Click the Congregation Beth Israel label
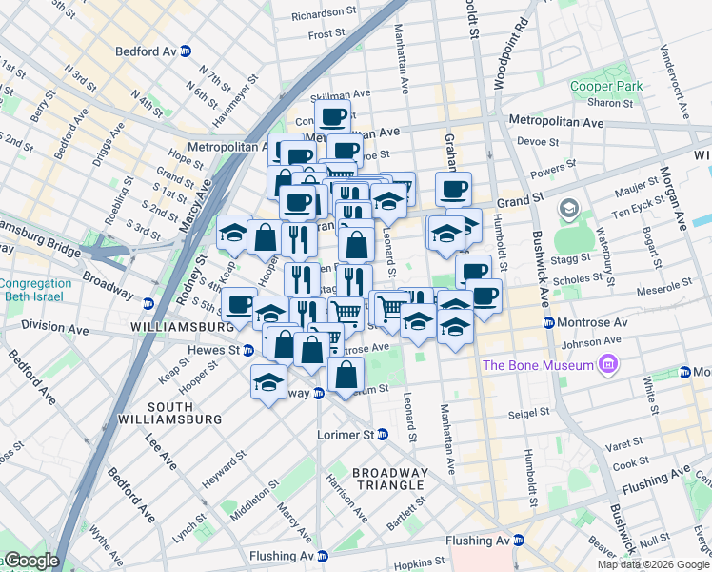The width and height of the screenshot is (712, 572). point(35,290)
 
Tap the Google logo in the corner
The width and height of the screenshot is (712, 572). point(30,561)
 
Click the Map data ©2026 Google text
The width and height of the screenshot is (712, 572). point(652,564)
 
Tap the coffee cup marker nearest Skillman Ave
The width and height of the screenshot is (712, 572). point(332,117)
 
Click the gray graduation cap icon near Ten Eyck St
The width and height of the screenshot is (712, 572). point(569,208)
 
